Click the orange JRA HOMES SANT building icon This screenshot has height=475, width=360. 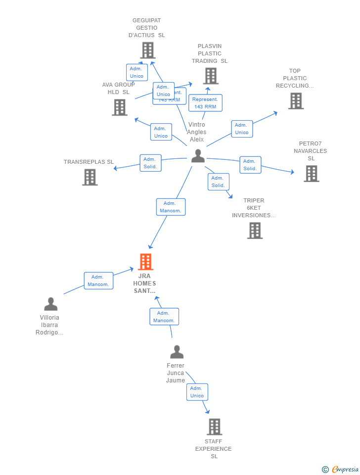tap(145, 262)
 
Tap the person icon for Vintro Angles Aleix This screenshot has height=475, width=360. tap(198, 156)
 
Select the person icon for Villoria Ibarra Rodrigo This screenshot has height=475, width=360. tap(51, 304)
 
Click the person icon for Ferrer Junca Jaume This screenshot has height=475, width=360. tap(177, 352)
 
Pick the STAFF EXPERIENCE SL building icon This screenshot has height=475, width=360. tap(214, 427)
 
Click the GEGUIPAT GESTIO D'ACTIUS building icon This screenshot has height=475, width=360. tap(147, 50)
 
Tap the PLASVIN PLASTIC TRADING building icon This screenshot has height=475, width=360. tap(211, 76)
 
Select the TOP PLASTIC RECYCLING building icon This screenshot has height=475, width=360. tap(296, 100)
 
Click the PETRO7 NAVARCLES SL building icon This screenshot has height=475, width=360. tap(311, 173)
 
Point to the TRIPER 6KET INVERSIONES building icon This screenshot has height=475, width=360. tap(255, 230)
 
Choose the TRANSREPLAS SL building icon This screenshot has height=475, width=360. tap(90, 177)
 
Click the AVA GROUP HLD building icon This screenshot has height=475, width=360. tap(119, 107)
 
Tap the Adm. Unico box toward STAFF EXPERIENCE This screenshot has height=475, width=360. tap(197, 392)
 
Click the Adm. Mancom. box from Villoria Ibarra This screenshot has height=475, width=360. tap(98, 281)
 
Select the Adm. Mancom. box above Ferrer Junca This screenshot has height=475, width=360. tap(164, 317)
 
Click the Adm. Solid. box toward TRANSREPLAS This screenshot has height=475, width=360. tap(150, 163)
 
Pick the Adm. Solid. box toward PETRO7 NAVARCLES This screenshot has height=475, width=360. tap(250, 165)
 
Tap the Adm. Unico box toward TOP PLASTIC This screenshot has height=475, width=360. tap(242, 129)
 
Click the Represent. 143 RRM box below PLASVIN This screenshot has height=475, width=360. tap(205, 103)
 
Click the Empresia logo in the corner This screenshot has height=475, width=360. tap(340, 469)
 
